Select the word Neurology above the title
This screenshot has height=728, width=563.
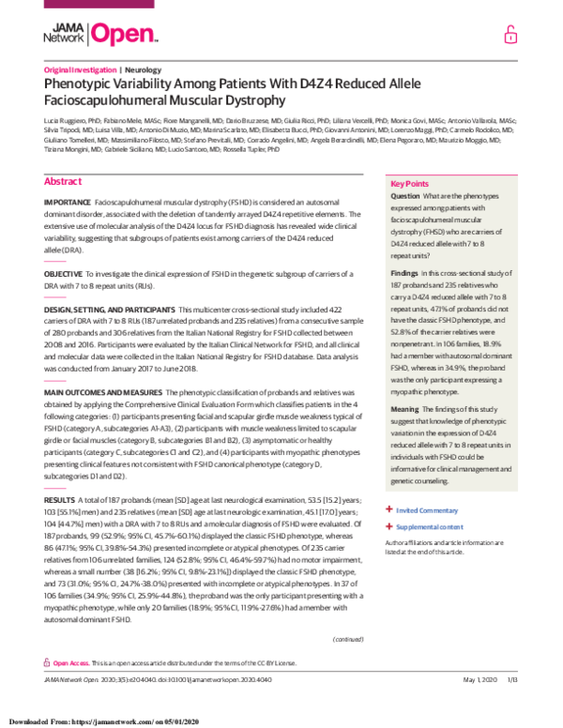click(x=145, y=70)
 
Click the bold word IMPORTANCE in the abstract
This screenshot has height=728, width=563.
click(x=68, y=176)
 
